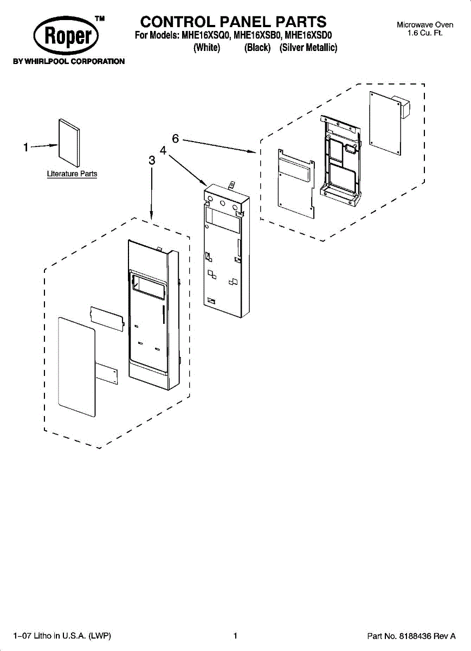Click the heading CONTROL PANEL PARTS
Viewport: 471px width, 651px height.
pos(233,22)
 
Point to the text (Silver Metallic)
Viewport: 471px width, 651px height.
pos(308,48)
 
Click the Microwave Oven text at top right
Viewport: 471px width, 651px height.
pos(425,25)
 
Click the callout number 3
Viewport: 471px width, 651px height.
pos(152,161)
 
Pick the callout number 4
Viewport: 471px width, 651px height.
pos(163,150)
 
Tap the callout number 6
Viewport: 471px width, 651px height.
pos(176,139)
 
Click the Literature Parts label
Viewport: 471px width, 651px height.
pos(72,174)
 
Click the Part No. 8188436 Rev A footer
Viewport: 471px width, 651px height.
pos(411,636)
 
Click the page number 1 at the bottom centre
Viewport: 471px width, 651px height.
pos(235,636)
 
